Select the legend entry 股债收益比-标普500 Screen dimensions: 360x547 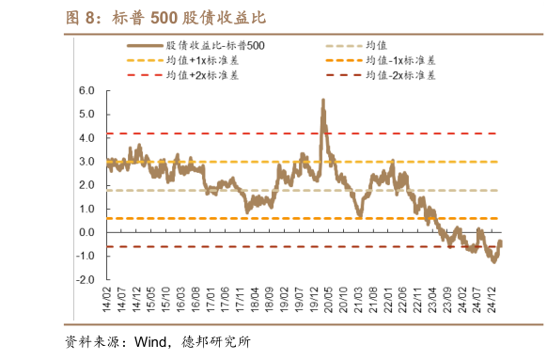(x=211, y=45)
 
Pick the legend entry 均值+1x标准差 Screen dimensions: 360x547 (x=208, y=59)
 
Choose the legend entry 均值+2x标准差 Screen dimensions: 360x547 (x=208, y=74)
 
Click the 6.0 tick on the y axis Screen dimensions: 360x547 (x=88, y=91)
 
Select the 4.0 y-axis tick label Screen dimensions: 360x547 (x=88, y=138)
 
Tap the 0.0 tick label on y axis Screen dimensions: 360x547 (x=88, y=232)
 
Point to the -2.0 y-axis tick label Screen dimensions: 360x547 (x=86, y=279)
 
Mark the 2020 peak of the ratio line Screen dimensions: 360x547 (x=323, y=101)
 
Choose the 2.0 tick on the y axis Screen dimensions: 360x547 (x=88, y=185)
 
